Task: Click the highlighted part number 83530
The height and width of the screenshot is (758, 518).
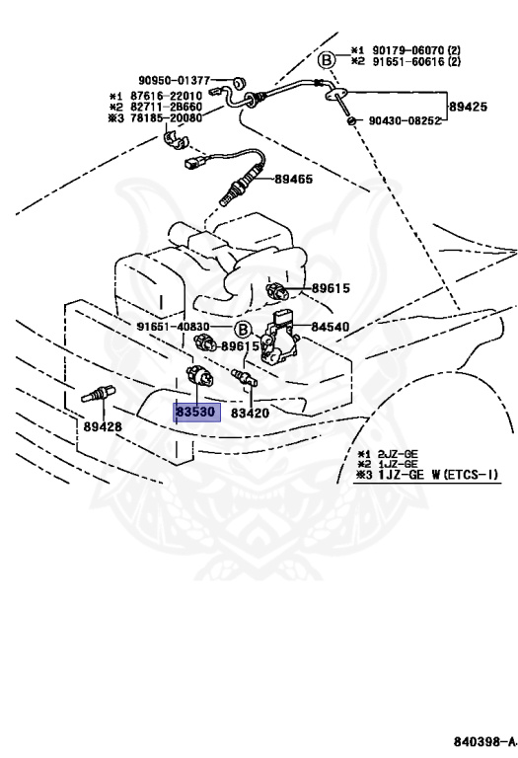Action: click(196, 413)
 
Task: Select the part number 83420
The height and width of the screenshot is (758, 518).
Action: click(250, 413)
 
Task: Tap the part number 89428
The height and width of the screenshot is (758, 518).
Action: click(103, 426)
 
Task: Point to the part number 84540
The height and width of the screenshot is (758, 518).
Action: click(330, 327)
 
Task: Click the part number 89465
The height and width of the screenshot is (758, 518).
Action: click(294, 179)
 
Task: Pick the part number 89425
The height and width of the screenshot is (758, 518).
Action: click(469, 107)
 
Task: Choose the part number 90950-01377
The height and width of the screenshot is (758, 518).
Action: click(175, 81)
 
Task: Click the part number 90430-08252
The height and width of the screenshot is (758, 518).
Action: click(405, 120)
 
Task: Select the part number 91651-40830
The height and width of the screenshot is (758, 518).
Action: click(173, 327)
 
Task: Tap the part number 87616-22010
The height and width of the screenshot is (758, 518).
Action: click(166, 96)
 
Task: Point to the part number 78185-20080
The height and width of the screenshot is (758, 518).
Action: click(166, 117)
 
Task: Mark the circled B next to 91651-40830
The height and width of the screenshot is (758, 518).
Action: click(243, 331)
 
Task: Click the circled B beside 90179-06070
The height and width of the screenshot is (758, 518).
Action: click(327, 60)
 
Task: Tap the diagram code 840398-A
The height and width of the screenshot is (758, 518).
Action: click(484, 741)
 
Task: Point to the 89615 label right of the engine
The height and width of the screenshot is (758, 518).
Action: click(331, 288)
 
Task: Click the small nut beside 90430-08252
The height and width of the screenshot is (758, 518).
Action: click(353, 119)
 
